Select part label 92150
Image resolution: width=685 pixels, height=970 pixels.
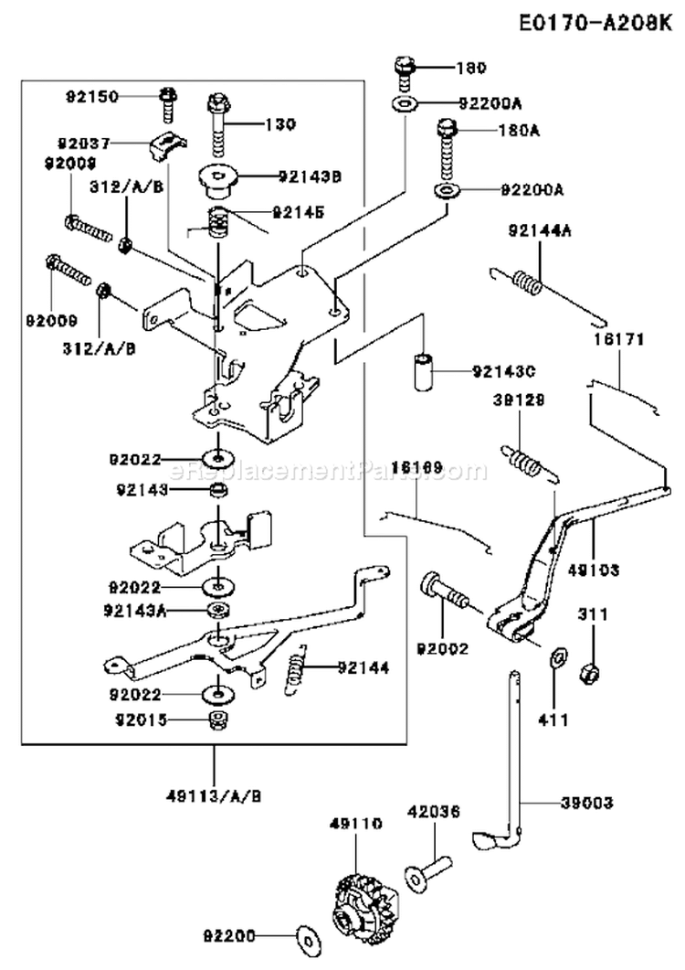point(90,95)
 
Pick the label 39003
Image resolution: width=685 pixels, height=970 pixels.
point(587,803)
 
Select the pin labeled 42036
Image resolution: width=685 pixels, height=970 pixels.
point(428,869)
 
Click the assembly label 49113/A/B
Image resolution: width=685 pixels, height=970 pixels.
point(216,794)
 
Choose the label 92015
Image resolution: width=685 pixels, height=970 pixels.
point(142,720)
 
